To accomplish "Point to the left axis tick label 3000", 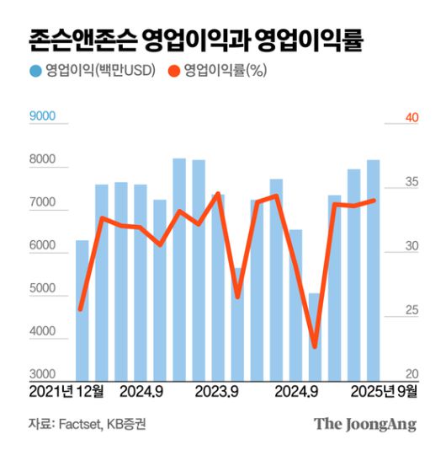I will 42,374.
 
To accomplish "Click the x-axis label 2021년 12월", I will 66,392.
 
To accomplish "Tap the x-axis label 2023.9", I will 217,392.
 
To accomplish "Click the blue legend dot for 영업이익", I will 35,71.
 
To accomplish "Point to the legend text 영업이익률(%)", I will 225,71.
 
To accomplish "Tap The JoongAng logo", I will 365,424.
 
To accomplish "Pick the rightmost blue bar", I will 373,270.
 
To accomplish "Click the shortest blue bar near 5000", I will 315,336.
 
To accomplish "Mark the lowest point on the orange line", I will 315,346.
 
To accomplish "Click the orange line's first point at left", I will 81,309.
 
